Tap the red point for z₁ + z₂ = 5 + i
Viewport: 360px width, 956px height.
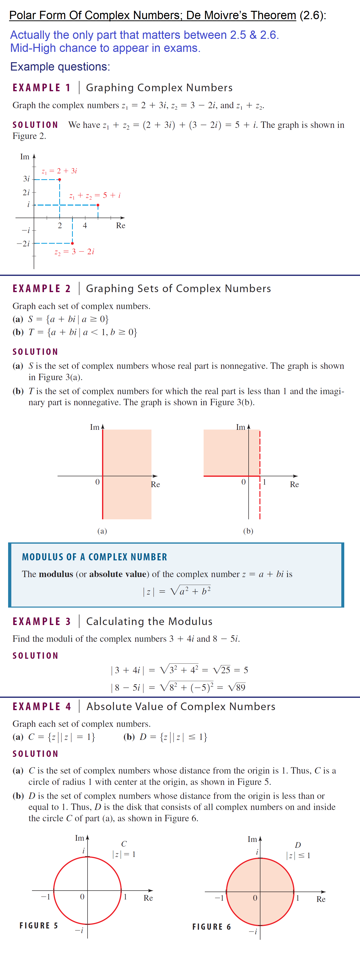(x=98, y=205)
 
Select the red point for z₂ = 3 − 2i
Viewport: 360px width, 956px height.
(x=72, y=243)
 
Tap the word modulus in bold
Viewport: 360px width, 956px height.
(x=56, y=574)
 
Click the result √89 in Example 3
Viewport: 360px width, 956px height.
(x=237, y=687)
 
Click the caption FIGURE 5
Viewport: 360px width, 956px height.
(x=39, y=926)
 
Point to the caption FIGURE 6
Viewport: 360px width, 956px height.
(x=211, y=927)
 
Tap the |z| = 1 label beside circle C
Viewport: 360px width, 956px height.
(x=124, y=854)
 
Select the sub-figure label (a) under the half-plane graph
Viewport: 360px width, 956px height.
(x=102, y=531)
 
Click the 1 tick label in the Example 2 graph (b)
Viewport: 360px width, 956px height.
(x=264, y=482)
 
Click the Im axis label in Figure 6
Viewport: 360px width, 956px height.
(x=252, y=839)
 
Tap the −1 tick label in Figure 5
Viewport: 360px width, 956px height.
(x=45, y=897)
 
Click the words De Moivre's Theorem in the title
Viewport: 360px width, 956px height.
(x=241, y=15)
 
